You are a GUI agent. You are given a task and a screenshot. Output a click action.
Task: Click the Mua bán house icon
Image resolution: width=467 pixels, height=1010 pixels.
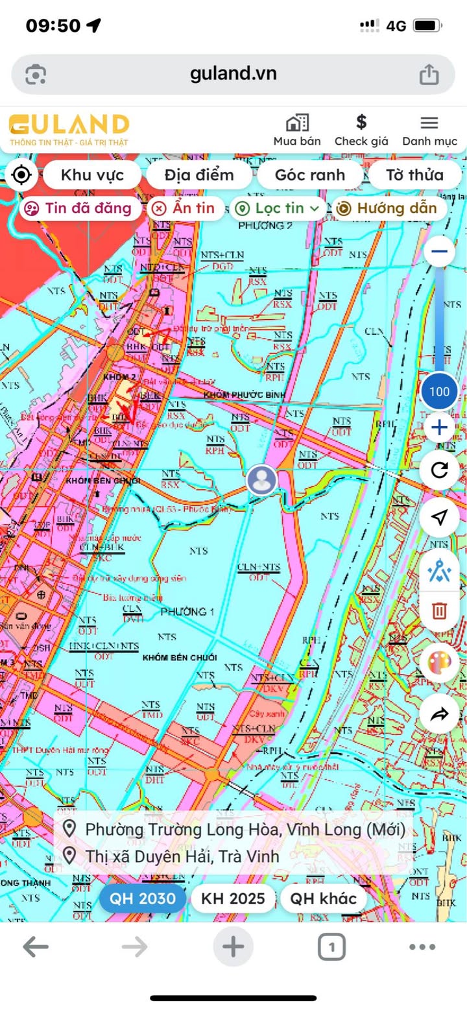tap(297, 123)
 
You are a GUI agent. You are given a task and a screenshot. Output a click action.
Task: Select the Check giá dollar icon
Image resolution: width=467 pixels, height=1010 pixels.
tap(361, 122)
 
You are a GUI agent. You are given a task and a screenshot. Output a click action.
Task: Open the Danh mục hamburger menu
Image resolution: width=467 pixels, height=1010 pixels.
tap(429, 123)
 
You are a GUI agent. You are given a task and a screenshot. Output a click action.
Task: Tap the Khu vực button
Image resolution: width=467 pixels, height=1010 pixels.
tap(91, 174)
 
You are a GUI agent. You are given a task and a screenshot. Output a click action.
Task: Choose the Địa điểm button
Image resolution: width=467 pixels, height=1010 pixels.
tap(198, 174)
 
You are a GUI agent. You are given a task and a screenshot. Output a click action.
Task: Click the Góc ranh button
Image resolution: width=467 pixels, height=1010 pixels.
tap(309, 174)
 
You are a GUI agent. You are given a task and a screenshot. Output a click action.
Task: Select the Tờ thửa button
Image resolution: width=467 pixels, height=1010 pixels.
tap(414, 174)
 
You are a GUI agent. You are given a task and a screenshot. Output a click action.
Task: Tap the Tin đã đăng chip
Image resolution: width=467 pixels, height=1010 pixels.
tap(79, 208)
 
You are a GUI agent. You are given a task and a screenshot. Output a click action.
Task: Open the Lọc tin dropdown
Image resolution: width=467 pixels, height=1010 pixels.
tap(278, 208)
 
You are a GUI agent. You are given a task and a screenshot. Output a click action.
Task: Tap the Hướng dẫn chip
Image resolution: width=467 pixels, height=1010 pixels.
tap(389, 208)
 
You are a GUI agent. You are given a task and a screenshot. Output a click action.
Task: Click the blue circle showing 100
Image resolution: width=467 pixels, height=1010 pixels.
tap(440, 391)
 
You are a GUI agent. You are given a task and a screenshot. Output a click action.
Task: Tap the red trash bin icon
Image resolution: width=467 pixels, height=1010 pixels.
tap(440, 610)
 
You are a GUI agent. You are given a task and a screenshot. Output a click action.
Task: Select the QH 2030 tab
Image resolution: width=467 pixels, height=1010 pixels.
tap(142, 898)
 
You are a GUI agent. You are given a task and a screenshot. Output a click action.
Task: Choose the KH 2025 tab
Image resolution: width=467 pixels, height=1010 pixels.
tap(233, 898)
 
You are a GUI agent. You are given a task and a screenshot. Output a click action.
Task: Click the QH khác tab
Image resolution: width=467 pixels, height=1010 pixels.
tap(323, 898)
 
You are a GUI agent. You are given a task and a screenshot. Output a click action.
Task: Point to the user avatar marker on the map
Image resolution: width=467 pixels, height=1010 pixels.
tap(262, 480)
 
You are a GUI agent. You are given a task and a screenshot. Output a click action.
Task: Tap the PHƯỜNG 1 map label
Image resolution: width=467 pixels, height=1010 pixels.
tap(187, 612)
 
